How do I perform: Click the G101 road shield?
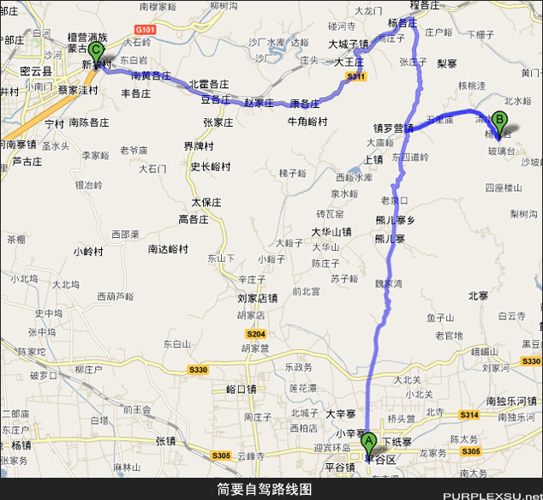[145, 30]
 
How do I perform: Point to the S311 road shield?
[356, 77]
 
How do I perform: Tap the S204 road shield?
[256, 333]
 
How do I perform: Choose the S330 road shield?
[199, 369]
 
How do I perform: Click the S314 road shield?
[469, 414]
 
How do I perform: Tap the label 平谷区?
[380, 459]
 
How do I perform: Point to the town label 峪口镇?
[241, 389]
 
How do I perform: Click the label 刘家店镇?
[257, 299]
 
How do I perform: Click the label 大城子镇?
[349, 43]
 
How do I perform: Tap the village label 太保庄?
[206, 203]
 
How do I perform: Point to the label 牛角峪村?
[307, 122]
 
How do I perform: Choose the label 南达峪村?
[168, 249]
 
